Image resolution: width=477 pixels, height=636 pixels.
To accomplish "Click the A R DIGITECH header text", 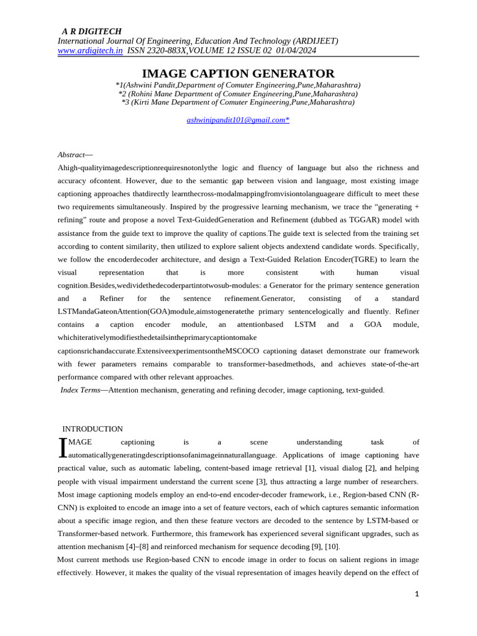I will coord(91,32).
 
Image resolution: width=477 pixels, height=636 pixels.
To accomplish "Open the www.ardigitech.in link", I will coord(90,51).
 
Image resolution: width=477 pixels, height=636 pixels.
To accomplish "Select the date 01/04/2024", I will coord(296,51).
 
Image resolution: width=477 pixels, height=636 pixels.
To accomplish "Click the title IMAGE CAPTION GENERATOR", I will coord(238,73).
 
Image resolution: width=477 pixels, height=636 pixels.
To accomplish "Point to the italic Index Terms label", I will coord(80,390).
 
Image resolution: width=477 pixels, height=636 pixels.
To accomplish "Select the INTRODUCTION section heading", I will coord(93,429).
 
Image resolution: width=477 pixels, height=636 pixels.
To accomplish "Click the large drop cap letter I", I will coord(62,448).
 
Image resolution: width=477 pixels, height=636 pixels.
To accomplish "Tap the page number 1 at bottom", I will coord(417,594).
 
